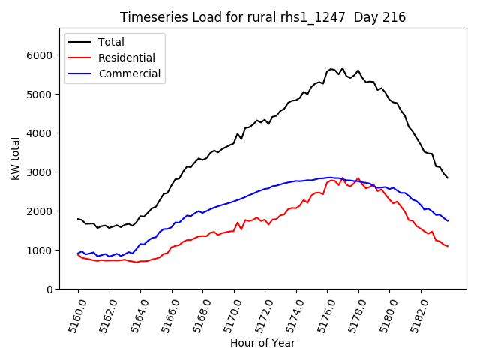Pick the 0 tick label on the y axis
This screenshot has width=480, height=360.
coord(49,289)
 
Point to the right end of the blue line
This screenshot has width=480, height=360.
coord(448,220)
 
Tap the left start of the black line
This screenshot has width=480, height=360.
coord(78,219)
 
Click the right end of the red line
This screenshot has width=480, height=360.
coord(448,247)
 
